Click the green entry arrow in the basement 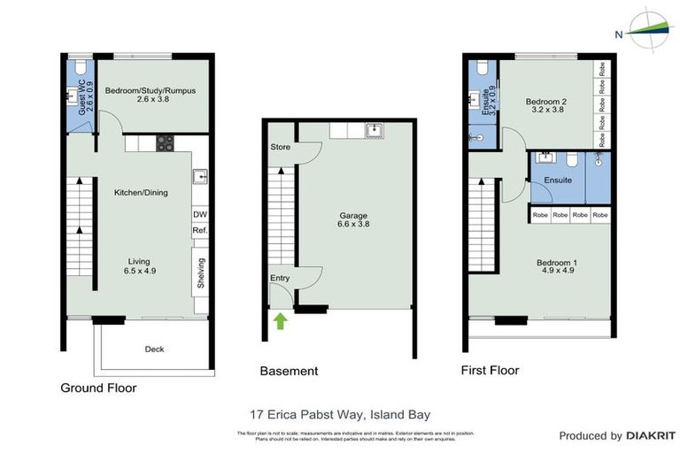[x=281, y=319]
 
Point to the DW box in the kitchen [x=199, y=216]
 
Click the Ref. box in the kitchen [x=199, y=231]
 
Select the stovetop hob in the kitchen [x=165, y=143]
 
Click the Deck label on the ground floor [x=154, y=349]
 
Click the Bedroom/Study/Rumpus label [x=150, y=96]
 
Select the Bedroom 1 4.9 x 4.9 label [x=557, y=268]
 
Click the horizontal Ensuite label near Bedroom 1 [x=557, y=180]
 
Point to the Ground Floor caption [x=97, y=388]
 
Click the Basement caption [x=289, y=372]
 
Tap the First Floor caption [x=490, y=370]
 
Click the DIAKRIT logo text [x=651, y=435]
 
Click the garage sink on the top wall [x=374, y=131]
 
